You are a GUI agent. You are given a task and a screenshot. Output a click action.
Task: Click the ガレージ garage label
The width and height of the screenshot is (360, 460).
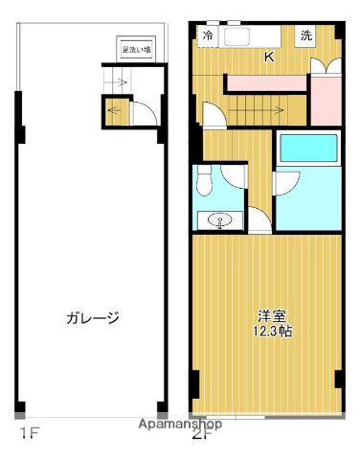[x=93, y=318]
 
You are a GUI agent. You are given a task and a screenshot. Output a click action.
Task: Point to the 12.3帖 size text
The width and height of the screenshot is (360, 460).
[x=271, y=331]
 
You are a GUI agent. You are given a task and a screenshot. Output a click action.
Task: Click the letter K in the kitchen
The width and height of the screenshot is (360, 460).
[x=269, y=57]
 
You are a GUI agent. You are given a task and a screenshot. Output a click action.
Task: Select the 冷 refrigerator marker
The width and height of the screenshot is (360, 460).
[x=208, y=36]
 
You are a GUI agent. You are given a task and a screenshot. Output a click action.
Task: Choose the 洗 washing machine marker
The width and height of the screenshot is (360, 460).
[x=305, y=36]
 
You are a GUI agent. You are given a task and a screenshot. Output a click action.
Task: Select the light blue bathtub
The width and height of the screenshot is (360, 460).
[x=305, y=149]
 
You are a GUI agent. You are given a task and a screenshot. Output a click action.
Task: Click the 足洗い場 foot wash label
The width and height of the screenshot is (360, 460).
[x=136, y=48]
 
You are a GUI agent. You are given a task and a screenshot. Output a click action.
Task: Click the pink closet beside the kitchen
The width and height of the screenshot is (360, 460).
[x=325, y=96]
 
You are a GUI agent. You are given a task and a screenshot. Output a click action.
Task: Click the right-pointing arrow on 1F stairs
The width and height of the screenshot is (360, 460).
[x=120, y=82]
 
